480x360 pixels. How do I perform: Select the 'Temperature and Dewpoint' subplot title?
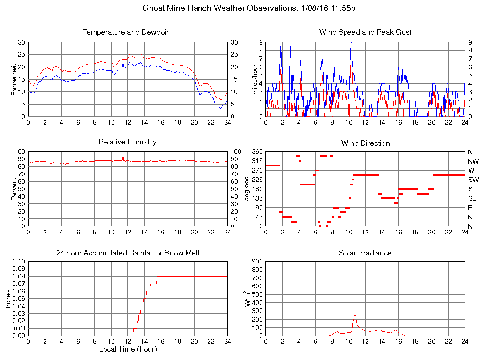point(127,32)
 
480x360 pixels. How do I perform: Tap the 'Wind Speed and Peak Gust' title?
point(365,32)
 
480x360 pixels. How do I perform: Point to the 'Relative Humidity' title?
point(127,142)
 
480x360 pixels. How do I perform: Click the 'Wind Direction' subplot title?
point(365,143)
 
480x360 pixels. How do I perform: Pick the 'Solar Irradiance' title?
point(365,253)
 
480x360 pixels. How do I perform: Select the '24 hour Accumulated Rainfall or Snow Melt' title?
point(127,253)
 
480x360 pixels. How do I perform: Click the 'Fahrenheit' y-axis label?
point(14,79)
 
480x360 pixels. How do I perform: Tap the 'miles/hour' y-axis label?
point(255,79)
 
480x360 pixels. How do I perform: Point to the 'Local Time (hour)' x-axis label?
point(127,349)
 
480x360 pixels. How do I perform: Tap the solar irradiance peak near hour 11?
point(355,315)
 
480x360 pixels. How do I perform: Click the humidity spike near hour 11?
point(123,156)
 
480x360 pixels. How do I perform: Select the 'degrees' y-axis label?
point(247,189)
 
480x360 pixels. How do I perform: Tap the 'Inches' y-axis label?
point(8,299)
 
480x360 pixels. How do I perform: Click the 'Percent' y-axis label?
point(14,189)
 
